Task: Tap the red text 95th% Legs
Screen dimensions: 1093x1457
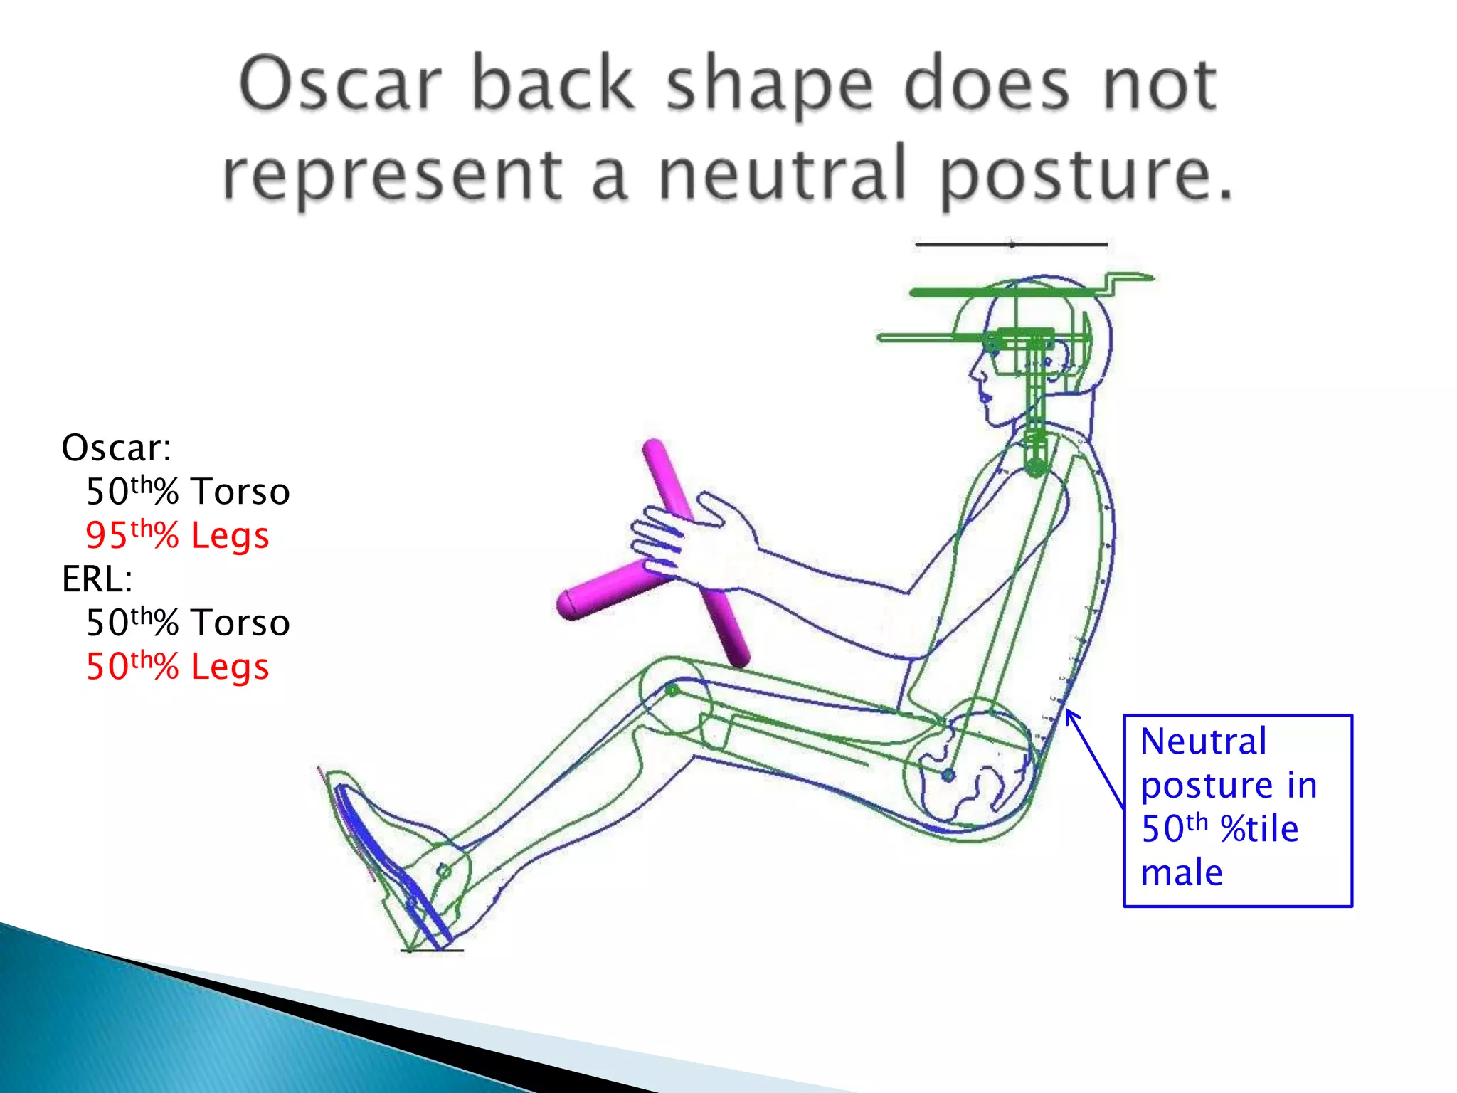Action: point(177,535)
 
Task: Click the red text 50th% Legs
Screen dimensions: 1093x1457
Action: point(177,667)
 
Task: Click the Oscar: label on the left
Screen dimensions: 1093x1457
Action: point(116,448)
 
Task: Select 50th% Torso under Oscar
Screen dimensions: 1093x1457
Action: point(188,492)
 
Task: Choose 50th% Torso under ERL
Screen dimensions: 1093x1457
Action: point(188,623)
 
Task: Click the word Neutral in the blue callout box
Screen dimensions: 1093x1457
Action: point(1203,742)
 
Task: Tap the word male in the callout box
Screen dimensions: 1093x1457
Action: point(1182,873)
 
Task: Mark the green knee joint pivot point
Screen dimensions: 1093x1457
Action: point(672,690)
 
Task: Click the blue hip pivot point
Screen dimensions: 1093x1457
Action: point(948,776)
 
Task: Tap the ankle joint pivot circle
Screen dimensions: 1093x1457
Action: point(443,871)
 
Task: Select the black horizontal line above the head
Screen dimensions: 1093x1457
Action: point(1010,245)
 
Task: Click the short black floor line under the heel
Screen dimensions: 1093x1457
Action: point(432,950)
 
